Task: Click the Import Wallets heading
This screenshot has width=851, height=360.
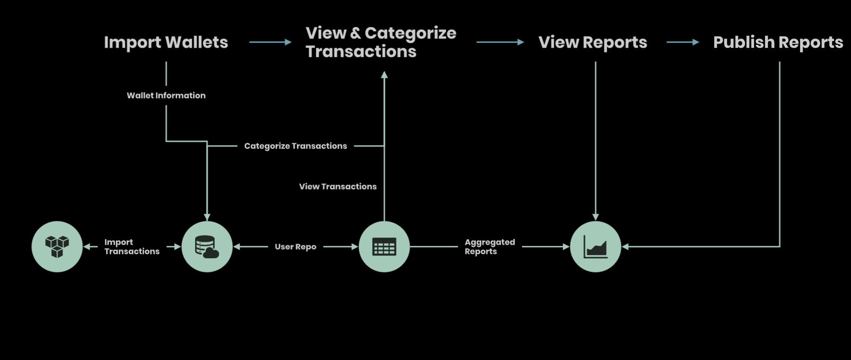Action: [x=166, y=42]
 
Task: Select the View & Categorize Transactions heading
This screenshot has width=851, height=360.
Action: [x=381, y=42]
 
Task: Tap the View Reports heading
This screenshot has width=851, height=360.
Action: [x=593, y=42]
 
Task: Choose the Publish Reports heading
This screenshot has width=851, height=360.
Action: [x=778, y=42]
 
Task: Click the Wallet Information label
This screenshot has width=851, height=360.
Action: [x=166, y=95]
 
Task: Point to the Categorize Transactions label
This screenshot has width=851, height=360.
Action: [x=296, y=146]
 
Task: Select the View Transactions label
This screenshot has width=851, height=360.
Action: [x=337, y=186]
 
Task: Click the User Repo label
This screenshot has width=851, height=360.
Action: [x=296, y=246]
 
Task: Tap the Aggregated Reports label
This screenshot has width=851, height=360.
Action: [x=489, y=246]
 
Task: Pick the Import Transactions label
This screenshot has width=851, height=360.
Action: [x=132, y=246]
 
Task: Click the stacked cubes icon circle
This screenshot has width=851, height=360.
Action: [x=57, y=246]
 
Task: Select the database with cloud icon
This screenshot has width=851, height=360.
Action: [x=207, y=246]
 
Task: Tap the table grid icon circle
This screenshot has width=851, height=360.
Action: [x=384, y=246]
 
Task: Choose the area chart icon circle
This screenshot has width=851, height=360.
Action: [x=595, y=246]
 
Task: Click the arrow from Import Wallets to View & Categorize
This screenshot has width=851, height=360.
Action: [x=270, y=42]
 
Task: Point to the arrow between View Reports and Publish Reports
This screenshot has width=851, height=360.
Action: [x=682, y=42]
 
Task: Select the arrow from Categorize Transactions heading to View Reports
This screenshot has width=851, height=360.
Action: [x=500, y=42]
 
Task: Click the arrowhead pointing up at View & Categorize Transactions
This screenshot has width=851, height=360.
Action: [x=384, y=75]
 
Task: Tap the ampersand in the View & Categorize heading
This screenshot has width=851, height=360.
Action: [x=356, y=33]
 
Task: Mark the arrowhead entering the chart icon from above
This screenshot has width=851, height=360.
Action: [x=595, y=217]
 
